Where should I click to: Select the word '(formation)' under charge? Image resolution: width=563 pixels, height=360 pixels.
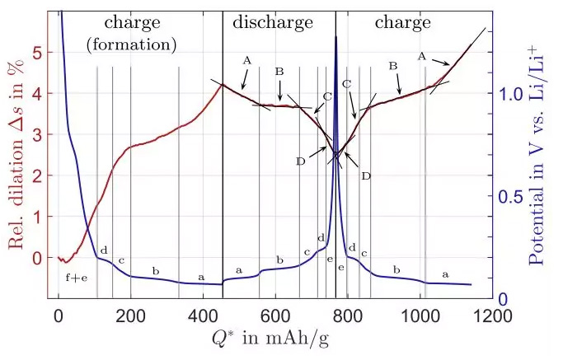tap(132, 43)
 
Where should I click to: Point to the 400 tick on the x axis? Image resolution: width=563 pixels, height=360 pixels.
tap(204, 315)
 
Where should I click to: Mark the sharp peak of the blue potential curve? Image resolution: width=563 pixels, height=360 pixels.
tap(335, 38)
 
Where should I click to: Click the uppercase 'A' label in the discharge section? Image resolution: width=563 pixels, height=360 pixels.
tap(246, 60)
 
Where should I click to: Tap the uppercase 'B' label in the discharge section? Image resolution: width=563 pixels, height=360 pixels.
tap(279, 72)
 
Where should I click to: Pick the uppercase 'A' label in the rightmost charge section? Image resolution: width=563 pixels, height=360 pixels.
tap(422, 56)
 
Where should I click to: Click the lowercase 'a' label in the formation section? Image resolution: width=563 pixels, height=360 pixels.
tap(201, 278)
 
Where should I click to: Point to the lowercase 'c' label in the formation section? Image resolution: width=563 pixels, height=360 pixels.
tap(121, 261)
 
